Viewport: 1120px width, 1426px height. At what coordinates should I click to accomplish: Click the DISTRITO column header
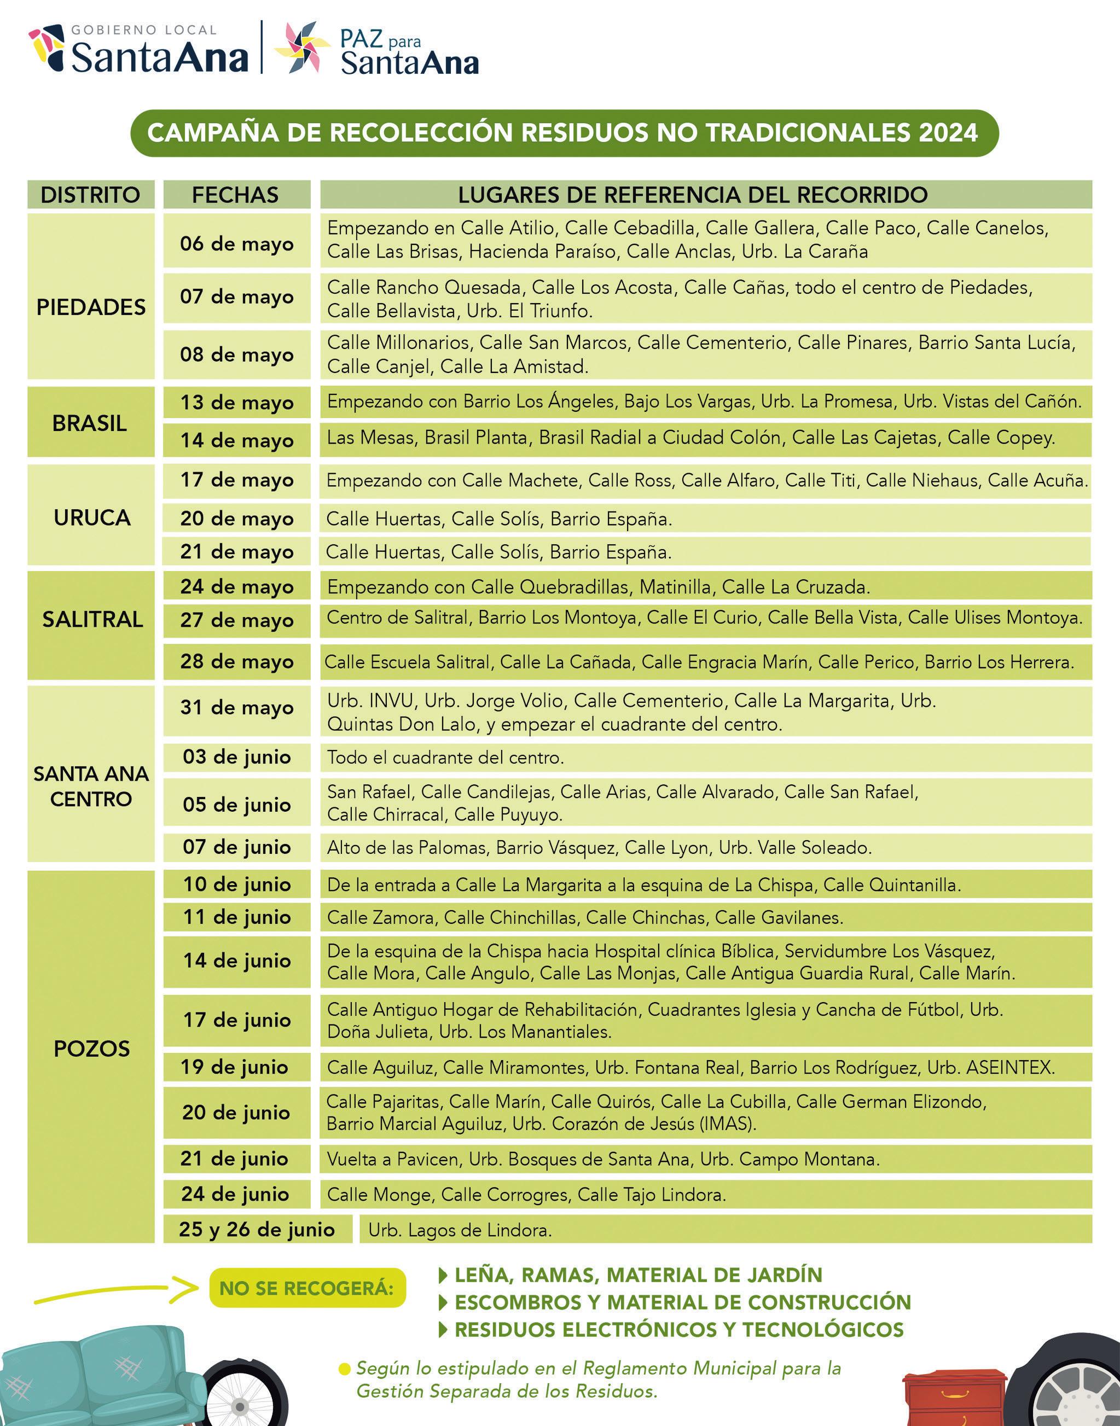90,195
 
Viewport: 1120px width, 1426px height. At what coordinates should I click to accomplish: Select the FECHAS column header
235,195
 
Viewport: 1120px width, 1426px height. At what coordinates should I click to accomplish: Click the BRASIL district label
90,423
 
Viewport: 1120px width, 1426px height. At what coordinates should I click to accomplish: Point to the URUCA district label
92,517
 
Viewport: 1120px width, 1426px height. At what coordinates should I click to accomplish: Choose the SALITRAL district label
92,619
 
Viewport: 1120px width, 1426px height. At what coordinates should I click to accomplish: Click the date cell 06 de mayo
237,244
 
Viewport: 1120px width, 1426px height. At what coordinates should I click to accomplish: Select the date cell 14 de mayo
237,440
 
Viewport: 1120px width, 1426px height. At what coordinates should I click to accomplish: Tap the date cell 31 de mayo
237,707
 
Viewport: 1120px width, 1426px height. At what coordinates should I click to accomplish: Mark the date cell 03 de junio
237,756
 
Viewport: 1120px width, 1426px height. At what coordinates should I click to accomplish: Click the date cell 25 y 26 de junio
257,1229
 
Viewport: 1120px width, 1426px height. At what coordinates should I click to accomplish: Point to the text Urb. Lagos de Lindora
460,1230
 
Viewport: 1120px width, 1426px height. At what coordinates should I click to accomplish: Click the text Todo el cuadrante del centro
445,758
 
